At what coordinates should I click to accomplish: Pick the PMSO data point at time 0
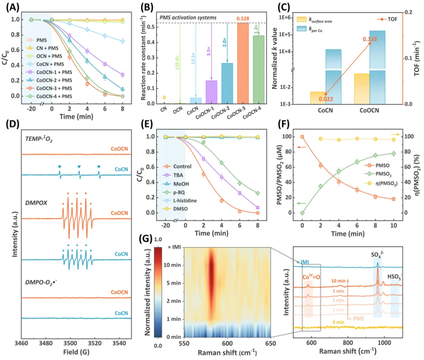coord(302,137)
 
